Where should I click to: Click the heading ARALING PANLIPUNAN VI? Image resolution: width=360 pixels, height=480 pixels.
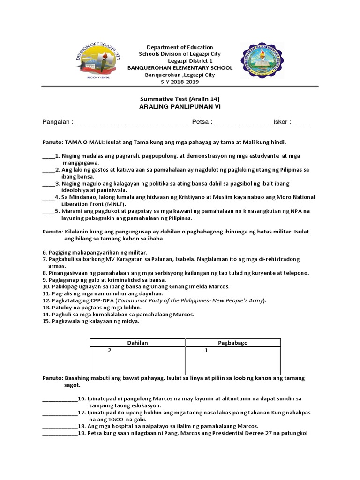click(x=180, y=107)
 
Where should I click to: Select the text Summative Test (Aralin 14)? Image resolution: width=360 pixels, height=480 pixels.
click(x=180, y=99)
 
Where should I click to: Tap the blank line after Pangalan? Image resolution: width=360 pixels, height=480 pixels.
click(x=133, y=124)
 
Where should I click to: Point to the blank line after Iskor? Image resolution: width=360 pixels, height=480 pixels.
click(x=302, y=124)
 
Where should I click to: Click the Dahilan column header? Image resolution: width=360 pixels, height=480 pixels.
click(x=137, y=343)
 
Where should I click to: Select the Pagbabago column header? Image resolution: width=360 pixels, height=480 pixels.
click(x=233, y=343)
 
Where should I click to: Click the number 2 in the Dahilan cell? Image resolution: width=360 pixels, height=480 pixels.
click(x=110, y=351)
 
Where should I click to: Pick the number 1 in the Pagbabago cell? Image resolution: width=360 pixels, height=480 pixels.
click(x=206, y=351)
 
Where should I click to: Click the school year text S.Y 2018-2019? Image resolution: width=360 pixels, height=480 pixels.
click(x=180, y=82)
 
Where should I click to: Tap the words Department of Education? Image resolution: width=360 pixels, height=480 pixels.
click(x=180, y=47)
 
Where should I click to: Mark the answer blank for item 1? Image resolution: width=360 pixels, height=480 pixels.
click(x=48, y=156)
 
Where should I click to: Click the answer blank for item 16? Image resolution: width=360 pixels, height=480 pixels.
click(x=60, y=398)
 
